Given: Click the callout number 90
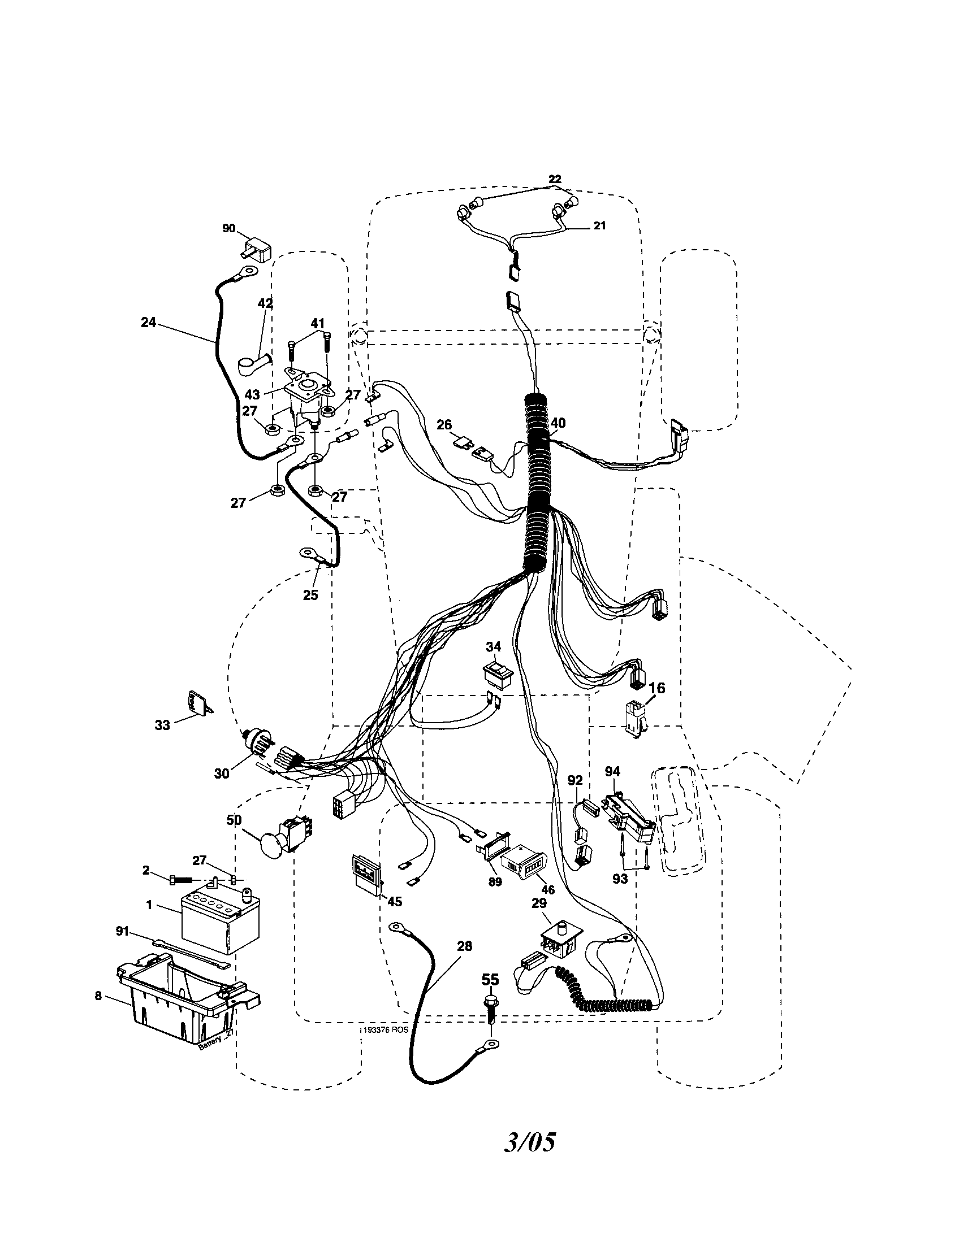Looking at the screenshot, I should pyautogui.click(x=228, y=228).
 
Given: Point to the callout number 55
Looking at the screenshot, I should pyautogui.click(x=490, y=980).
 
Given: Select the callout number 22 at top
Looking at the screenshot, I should pyautogui.click(x=555, y=179).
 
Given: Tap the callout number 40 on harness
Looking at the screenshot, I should pyautogui.click(x=558, y=423).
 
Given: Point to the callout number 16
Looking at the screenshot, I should pyautogui.click(x=656, y=688).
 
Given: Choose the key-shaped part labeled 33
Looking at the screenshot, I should pyautogui.click(x=197, y=703).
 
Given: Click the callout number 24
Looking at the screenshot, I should pyautogui.click(x=148, y=323).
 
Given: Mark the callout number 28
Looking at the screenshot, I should pyautogui.click(x=464, y=946).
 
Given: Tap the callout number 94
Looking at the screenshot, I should pyautogui.click(x=612, y=772).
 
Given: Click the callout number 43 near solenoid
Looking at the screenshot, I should pyautogui.click(x=252, y=394).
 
